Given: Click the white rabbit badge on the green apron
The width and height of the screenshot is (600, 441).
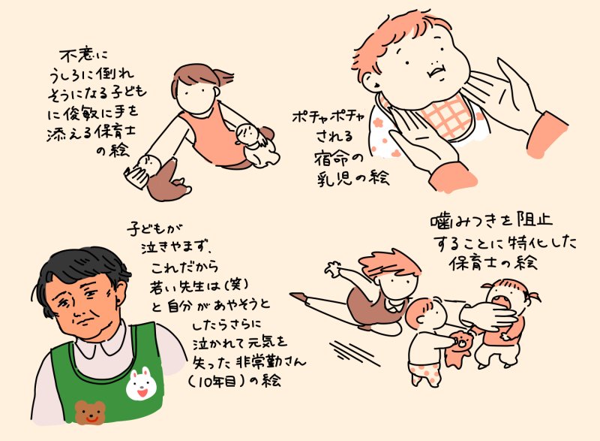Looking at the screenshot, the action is click(x=140, y=383).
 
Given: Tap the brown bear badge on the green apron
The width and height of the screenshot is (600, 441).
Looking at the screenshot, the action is click(x=90, y=412).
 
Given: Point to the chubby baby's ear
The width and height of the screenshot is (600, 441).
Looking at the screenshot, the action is click(x=372, y=80).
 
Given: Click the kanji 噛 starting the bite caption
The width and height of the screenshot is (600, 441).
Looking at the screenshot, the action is click(x=440, y=221).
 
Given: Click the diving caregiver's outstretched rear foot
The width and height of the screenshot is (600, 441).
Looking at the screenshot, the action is click(x=298, y=296).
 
